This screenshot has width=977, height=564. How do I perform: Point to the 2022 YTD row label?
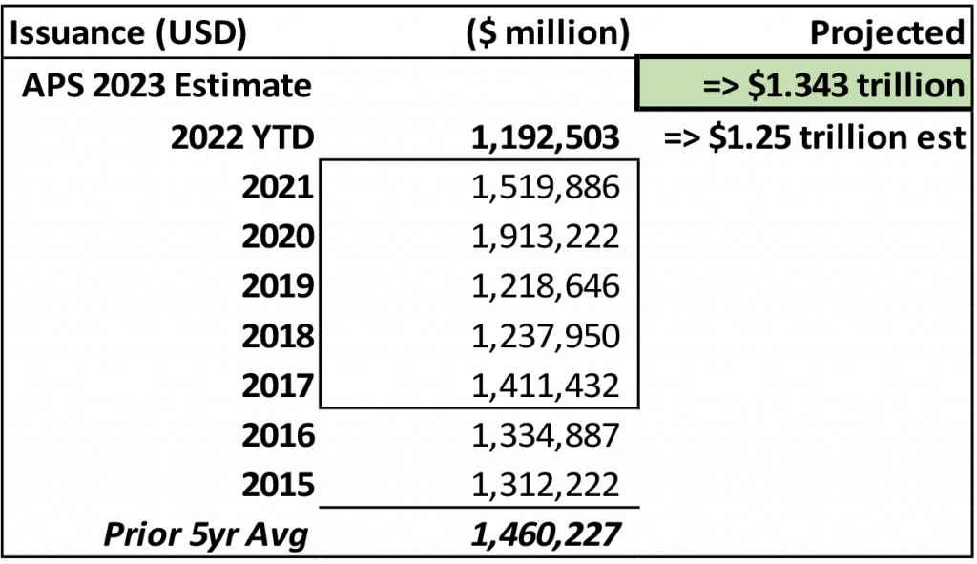coord(241,138)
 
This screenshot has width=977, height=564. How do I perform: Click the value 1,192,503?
coord(545,138)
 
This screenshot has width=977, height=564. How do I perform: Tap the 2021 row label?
coord(278,188)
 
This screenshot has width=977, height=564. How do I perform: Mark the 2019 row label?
coord(278,286)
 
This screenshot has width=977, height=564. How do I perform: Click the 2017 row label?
coord(278,386)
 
